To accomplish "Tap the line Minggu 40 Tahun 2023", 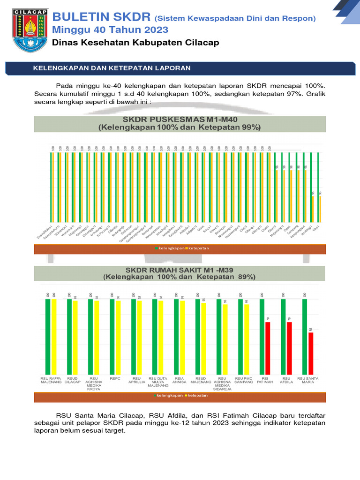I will (110, 30).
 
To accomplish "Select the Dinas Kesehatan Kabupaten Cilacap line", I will (135, 43).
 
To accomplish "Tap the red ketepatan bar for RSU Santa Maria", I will (311, 353).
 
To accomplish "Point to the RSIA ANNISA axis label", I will (180, 380).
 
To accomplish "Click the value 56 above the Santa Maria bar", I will (311, 330).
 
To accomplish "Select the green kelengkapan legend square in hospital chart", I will (155, 396).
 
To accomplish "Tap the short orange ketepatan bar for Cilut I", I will (320, 208).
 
